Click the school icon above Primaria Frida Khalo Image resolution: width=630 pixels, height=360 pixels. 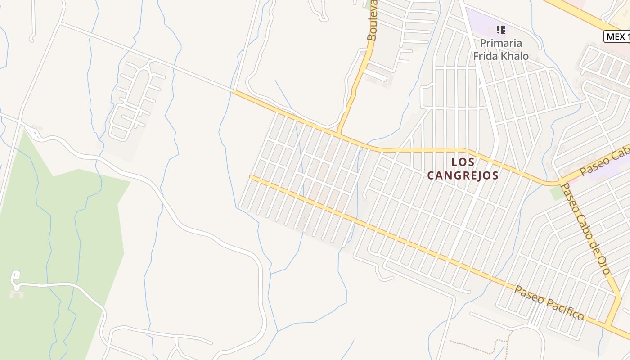click(x=500, y=30)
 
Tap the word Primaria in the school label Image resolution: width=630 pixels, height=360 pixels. click(x=500, y=43)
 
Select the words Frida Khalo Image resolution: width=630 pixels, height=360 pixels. click(x=500, y=56)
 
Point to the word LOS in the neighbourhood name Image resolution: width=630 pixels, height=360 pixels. click(x=463, y=162)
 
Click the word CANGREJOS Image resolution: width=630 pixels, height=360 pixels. click(x=463, y=175)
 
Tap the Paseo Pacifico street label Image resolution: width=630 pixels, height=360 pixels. click(x=549, y=303)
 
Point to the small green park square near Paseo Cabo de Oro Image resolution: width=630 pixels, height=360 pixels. click(x=557, y=193)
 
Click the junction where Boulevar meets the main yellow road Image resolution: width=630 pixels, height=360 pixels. click(x=339, y=134)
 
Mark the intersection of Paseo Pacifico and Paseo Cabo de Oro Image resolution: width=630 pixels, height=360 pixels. click(x=608, y=325)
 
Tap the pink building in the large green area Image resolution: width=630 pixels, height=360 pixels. click(x=17, y=294)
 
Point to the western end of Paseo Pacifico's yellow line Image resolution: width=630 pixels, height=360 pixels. click(x=251, y=177)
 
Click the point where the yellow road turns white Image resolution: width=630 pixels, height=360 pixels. click(x=234, y=91)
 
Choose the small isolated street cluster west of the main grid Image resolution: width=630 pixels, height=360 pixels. click(x=135, y=101)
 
